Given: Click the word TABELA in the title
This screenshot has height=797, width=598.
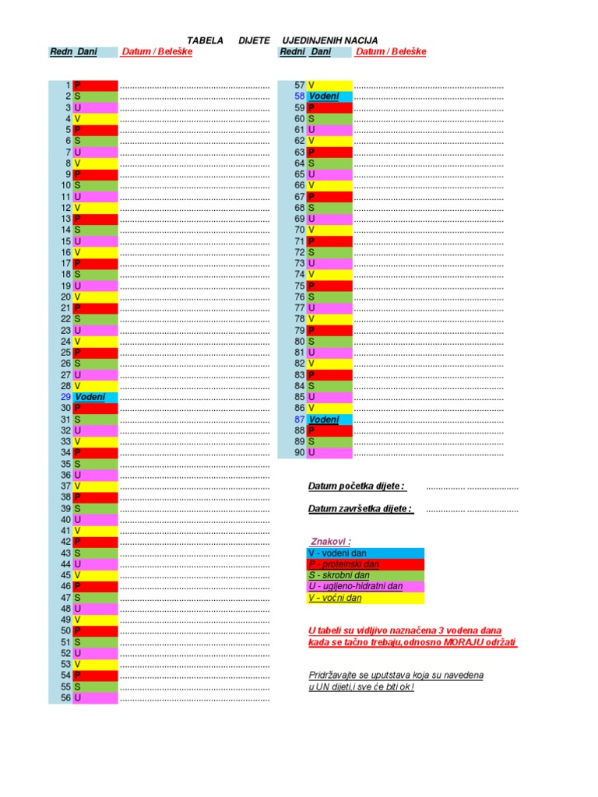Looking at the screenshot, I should (x=206, y=40).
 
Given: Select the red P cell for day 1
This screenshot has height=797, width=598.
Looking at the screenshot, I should (x=95, y=85).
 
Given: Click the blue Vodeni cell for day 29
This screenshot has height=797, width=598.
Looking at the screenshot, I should (x=95, y=397).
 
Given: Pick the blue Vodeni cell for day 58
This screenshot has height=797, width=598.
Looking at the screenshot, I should (x=329, y=96).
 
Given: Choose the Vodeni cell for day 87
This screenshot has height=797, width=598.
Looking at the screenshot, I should (x=329, y=420).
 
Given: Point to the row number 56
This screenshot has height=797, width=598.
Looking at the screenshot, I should (x=65, y=698).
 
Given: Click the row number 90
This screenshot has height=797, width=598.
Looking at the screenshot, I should (x=299, y=452).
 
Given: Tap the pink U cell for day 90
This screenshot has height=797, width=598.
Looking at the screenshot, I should (x=329, y=452).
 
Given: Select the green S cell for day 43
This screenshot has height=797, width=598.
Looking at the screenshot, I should (x=95, y=553).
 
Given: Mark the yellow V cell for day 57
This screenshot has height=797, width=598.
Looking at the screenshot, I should (x=329, y=85).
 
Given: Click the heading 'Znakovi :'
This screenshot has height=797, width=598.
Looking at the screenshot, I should (x=331, y=542).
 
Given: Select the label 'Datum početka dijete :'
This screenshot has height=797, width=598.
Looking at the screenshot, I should (x=357, y=486).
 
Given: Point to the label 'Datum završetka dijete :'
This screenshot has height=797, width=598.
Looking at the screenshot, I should (x=360, y=509).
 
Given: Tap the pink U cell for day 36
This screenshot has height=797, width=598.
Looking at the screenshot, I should (x=95, y=475).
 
